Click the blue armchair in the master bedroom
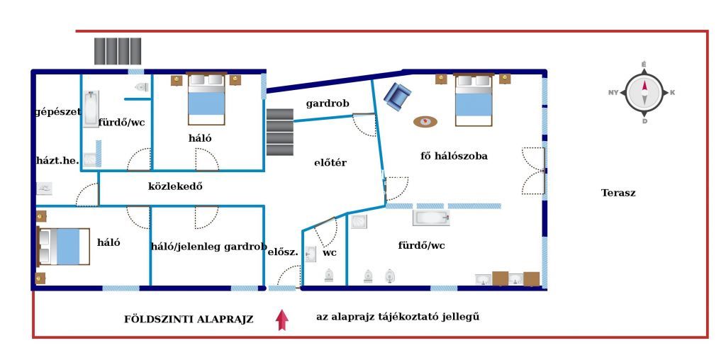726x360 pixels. coord(397,96)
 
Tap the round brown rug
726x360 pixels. coord(425,122)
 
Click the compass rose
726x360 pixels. coord(644,93)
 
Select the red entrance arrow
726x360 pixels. coord(282,320)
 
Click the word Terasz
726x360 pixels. coord(618,193)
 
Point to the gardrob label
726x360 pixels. coord(328,103)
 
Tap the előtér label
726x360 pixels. coord(330,163)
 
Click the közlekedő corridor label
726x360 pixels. coord(175,186)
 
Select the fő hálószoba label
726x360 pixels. coord(454,156)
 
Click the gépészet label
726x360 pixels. coord(58,112)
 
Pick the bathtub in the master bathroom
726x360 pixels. coord(431,218)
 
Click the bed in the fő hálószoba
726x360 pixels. coord(473,99)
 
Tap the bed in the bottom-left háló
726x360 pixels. coord(63,246)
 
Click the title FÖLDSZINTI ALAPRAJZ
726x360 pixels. coord(189,320)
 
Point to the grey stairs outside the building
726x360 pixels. coord(118,51)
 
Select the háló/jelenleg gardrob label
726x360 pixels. coord(209,247)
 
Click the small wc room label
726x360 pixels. coord(330,253)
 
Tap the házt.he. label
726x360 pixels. coord(58,161)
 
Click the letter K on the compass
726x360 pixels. coord(672,93)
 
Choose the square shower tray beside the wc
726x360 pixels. coord(359,222)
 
